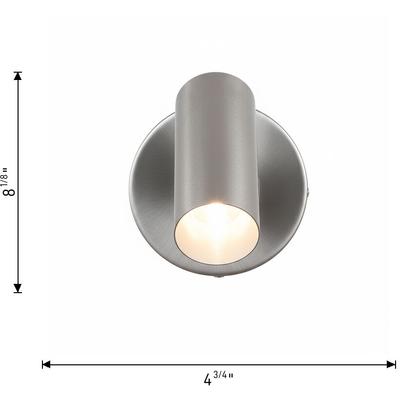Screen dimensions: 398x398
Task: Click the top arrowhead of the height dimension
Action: coord(18,76)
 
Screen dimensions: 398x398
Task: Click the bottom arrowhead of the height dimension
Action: coord(18,288)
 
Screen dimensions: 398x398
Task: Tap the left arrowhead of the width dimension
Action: coord(46,364)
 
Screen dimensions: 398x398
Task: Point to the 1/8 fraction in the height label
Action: coord(5,178)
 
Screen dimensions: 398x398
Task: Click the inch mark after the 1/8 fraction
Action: coord(5,169)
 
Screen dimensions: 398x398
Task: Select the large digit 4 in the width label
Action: coord(208,379)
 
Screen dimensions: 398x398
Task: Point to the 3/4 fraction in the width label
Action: coord(220,375)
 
